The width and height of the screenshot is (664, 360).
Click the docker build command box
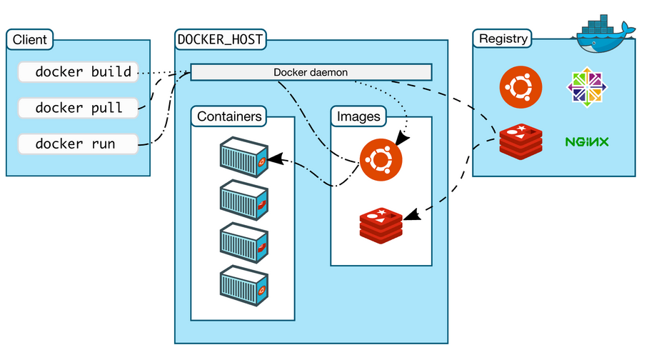pyautogui.click(x=77, y=72)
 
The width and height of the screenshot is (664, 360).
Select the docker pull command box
pyautogui.click(x=77, y=109)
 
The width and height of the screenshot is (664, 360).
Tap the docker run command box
pyautogui.click(x=77, y=144)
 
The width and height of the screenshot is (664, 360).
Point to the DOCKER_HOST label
pyautogui.click(x=221, y=40)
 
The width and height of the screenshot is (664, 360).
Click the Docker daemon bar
pyautogui.click(x=311, y=72)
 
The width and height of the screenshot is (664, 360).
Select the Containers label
pyautogui.click(x=229, y=116)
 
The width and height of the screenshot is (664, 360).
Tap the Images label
pyautogui.click(x=358, y=116)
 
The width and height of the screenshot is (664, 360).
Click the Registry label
pyautogui.click(x=503, y=39)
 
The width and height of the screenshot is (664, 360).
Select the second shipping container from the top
pyautogui.click(x=243, y=199)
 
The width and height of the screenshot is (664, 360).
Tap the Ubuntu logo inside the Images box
pyautogui.click(x=381, y=159)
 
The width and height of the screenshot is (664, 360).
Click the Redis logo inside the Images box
pyautogui.click(x=382, y=223)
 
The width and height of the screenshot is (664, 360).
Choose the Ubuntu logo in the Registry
pyautogui.click(x=520, y=86)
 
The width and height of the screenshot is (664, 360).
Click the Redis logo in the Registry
pyautogui.click(x=520, y=141)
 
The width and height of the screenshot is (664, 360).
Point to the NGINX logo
pyautogui.click(x=587, y=141)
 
